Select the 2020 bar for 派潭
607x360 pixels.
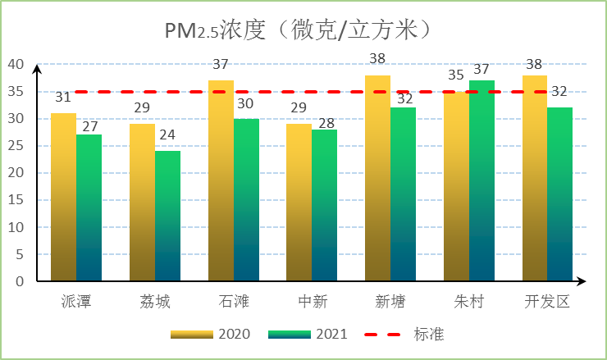[x=63, y=197]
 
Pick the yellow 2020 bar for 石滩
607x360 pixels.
[x=221, y=180]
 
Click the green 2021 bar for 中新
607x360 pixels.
[x=325, y=205]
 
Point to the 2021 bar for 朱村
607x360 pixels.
[x=481, y=180]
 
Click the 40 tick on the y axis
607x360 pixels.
[x=16, y=65]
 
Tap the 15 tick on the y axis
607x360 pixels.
[x=16, y=200]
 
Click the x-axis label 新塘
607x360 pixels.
[x=390, y=302]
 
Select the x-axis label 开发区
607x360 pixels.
[x=547, y=302]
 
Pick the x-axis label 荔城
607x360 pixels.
[x=154, y=302]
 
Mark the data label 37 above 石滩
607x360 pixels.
[x=221, y=64]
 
